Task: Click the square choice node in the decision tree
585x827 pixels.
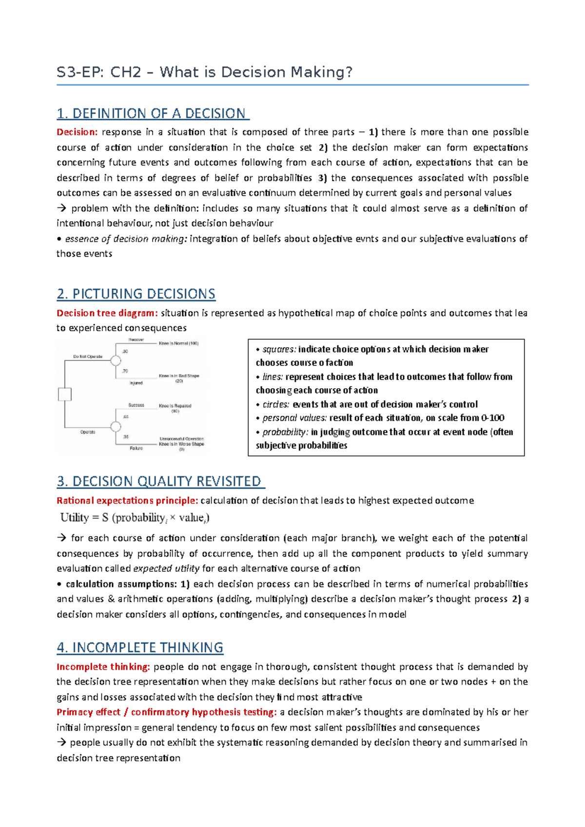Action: click(x=65, y=394)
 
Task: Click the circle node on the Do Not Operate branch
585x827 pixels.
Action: click(x=116, y=360)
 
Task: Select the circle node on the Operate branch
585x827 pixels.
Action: click(x=116, y=427)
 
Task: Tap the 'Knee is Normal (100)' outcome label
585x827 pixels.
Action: click(x=178, y=343)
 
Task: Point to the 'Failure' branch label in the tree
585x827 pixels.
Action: click(x=136, y=448)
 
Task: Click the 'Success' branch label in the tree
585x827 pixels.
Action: click(x=136, y=405)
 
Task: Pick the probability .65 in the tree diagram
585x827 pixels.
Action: click(x=125, y=417)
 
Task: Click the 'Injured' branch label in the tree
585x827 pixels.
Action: click(x=136, y=383)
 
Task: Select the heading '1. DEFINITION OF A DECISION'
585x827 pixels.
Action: click(x=153, y=113)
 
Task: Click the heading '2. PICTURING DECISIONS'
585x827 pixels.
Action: click(x=136, y=294)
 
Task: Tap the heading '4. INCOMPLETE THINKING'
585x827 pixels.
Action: click(x=140, y=647)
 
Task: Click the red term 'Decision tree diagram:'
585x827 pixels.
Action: click(x=107, y=313)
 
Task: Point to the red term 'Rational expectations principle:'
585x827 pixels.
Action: click(x=127, y=501)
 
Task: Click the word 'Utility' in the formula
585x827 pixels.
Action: click(x=75, y=518)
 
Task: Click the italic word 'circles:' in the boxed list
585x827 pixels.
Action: click(x=276, y=404)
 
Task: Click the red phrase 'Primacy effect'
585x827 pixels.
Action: click(x=88, y=712)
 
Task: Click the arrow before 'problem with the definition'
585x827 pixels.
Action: click(x=61, y=208)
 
